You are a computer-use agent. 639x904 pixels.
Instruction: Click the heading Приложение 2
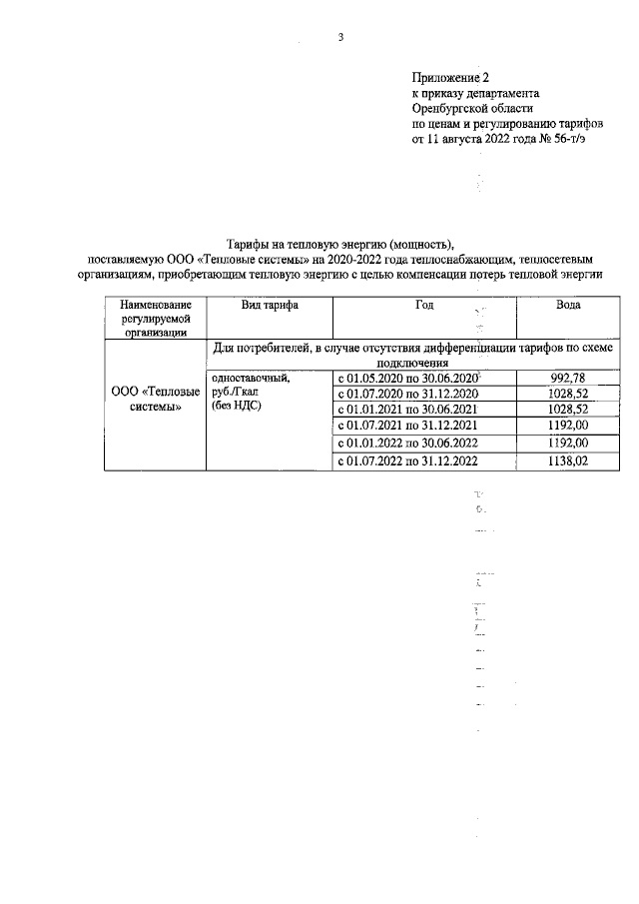[x=451, y=77]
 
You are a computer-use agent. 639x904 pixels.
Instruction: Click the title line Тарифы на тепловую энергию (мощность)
[x=340, y=243]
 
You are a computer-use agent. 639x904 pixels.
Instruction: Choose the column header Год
[x=424, y=305]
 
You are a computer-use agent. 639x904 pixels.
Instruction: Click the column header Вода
[x=568, y=305]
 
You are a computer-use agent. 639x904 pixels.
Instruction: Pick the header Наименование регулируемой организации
[x=155, y=319]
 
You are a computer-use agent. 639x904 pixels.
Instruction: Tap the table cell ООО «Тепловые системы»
[x=155, y=400]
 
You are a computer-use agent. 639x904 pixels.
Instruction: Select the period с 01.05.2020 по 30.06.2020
[x=406, y=379]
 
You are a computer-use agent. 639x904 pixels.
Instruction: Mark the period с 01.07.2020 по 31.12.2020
[x=406, y=395]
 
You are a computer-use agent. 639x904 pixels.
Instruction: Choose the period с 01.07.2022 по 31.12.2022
[x=406, y=460]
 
